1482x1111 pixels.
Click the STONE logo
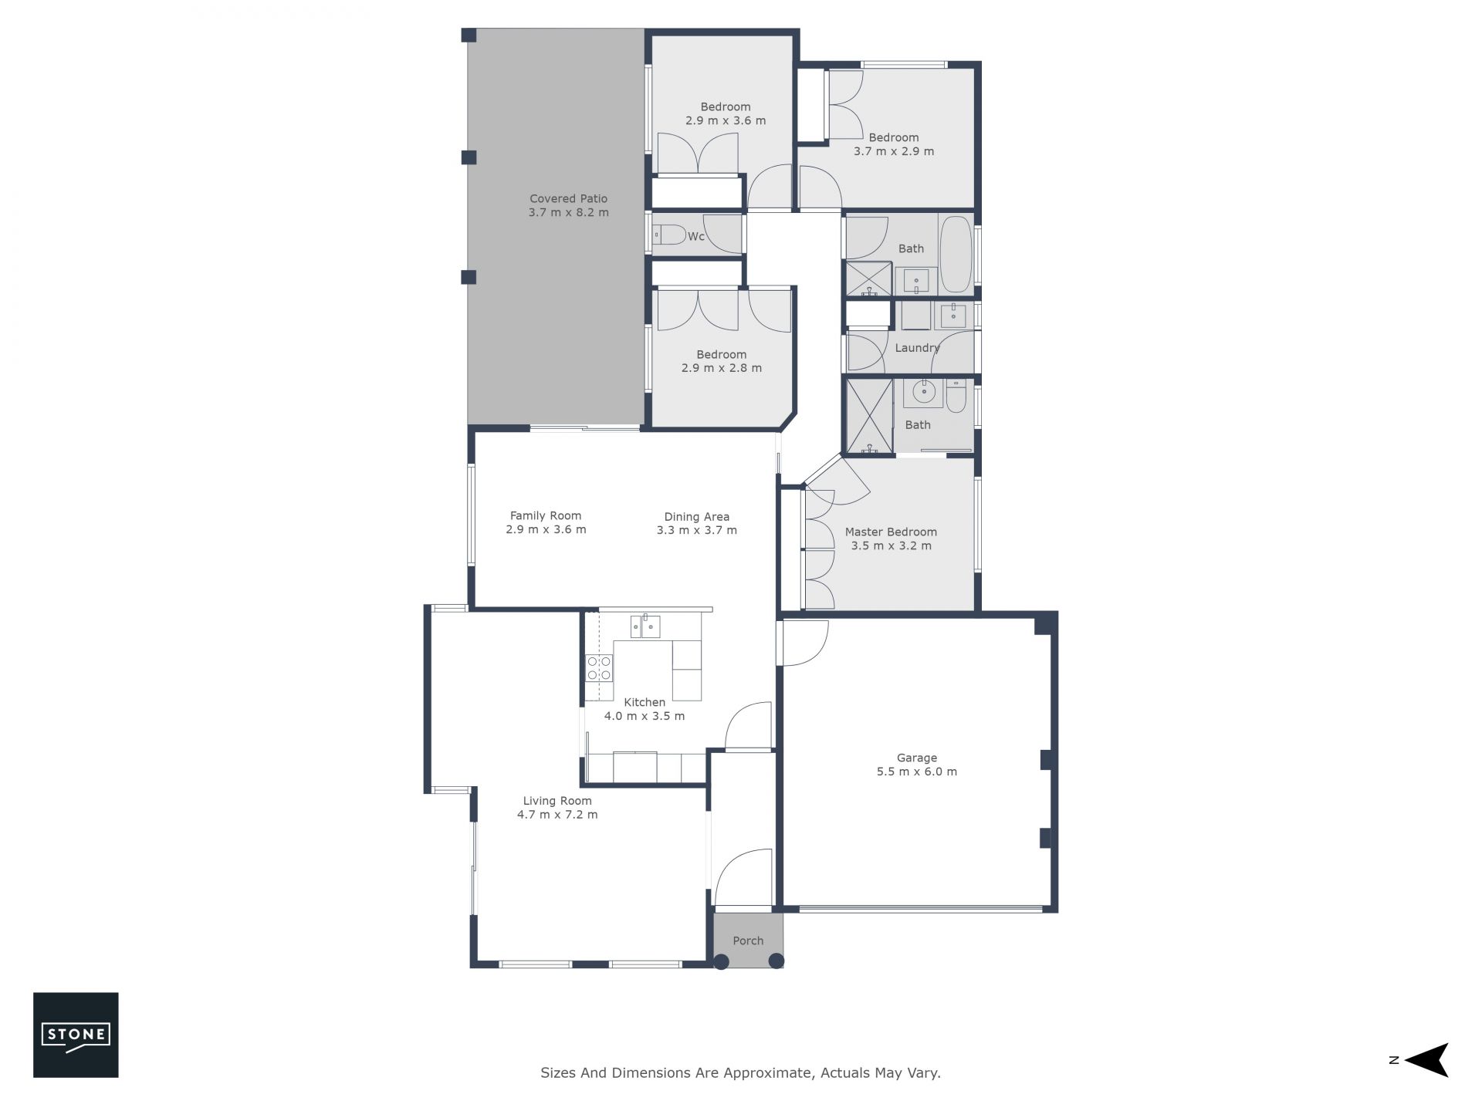click(x=76, y=1035)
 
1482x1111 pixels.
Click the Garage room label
click(x=917, y=758)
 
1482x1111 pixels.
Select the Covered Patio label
click(x=569, y=199)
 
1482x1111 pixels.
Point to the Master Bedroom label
click(x=891, y=532)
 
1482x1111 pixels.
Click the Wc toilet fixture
click(x=669, y=235)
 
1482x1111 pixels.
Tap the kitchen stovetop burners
click(x=599, y=667)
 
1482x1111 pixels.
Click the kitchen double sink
click(x=645, y=626)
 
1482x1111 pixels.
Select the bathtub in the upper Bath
click(x=956, y=254)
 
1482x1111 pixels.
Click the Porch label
click(x=748, y=941)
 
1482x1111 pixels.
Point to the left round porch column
click(x=721, y=961)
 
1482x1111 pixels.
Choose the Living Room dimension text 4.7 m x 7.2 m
click(x=557, y=815)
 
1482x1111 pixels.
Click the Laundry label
click(x=917, y=348)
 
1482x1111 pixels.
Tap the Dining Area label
click(x=697, y=517)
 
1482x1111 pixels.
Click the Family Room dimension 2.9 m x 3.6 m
click(x=546, y=530)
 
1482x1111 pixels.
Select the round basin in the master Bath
click(x=923, y=393)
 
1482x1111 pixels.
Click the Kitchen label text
click(x=645, y=702)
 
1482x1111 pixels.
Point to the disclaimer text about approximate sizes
click(x=741, y=1073)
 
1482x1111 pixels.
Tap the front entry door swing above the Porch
click(x=743, y=877)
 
